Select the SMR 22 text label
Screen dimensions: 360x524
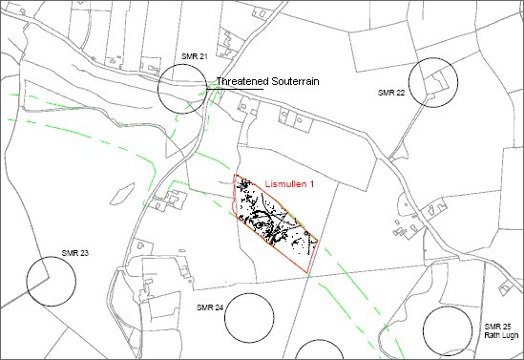pyautogui.click(x=391, y=93)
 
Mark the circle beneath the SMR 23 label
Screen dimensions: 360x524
pyautogui.click(x=51, y=281)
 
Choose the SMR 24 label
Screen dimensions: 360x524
pyautogui.click(x=209, y=307)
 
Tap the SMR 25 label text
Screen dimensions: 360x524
pyautogui.click(x=497, y=327)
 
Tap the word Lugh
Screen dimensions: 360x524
pyautogui.click(x=510, y=336)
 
